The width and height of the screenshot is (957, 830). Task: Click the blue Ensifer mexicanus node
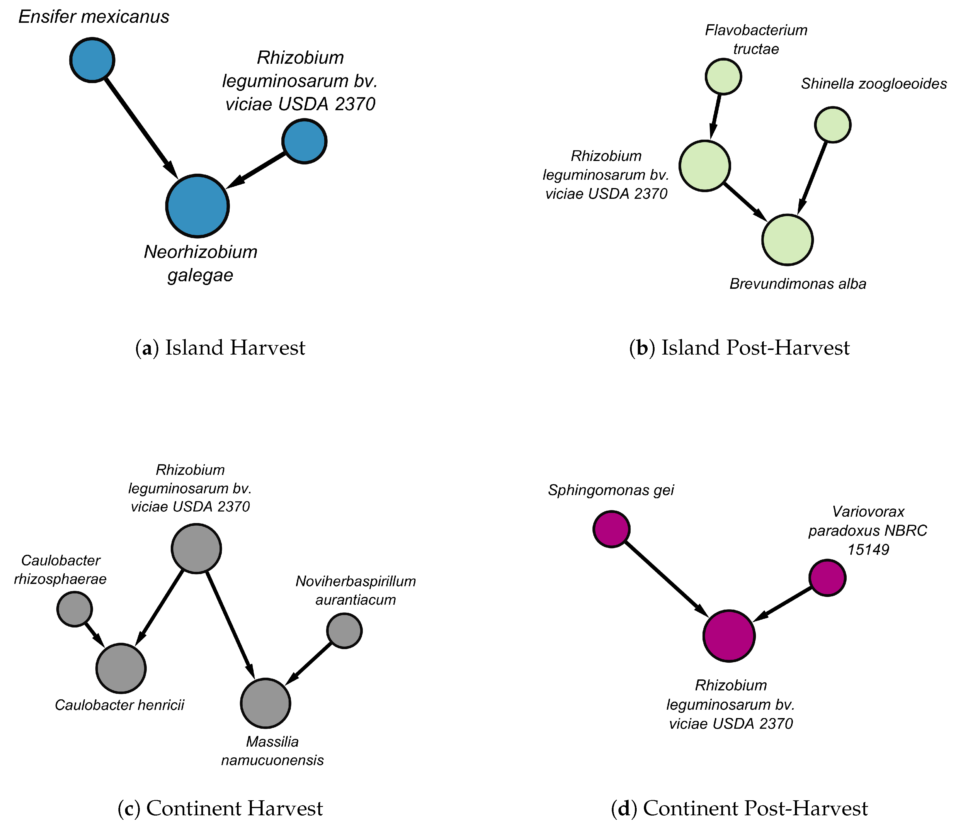[92, 60]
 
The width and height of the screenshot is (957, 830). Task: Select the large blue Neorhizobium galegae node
[198, 206]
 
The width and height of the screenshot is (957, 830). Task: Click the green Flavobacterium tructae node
[723, 76]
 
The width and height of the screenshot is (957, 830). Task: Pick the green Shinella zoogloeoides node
[833, 125]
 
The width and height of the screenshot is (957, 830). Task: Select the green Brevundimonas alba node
[787, 239]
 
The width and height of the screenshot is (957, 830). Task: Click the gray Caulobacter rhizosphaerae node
[75, 609]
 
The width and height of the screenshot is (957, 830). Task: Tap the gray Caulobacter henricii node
[121, 668]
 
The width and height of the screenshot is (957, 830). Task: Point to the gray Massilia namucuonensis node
[265, 703]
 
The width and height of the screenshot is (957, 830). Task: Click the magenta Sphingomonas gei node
[612, 529]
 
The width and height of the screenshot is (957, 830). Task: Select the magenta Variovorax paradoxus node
[828, 578]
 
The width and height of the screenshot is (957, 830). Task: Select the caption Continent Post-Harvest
[739, 808]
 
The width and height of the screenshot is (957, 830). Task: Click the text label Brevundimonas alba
[798, 284]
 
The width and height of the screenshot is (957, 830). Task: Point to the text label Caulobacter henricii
[120, 705]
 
